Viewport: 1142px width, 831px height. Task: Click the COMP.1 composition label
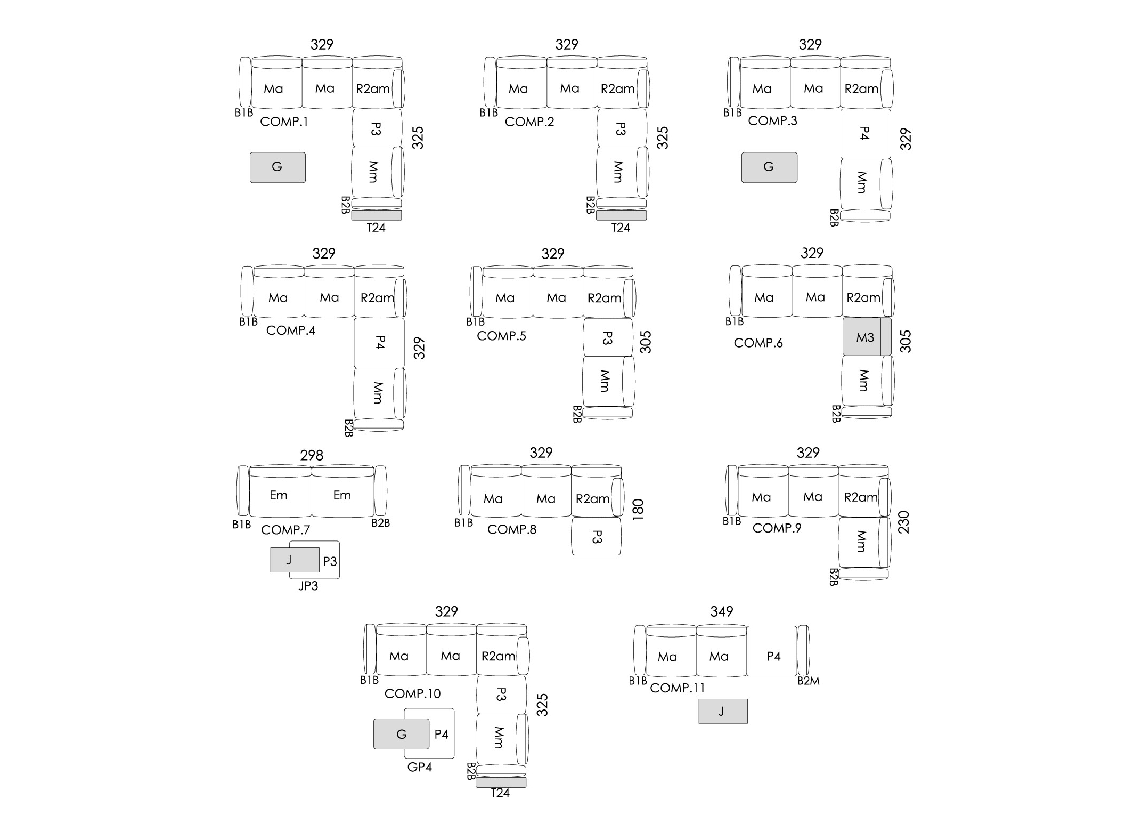pyautogui.click(x=284, y=122)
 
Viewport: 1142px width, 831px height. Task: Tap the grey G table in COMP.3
pyautogui.click(x=769, y=167)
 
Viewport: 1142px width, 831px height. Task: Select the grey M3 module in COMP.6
pyautogui.click(x=867, y=337)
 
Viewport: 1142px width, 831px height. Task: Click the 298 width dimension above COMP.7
pyautogui.click(x=312, y=455)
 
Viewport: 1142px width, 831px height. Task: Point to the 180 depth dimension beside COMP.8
pyautogui.click(x=638, y=510)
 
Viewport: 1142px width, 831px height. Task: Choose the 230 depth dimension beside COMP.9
pyautogui.click(x=904, y=522)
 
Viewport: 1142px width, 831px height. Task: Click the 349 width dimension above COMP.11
pyautogui.click(x=722, y=611)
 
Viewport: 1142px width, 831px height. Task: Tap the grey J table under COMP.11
pyautogui.click(x=723, y=711)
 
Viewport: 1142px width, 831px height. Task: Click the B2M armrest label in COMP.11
pyautogui.click(x=808, y=681)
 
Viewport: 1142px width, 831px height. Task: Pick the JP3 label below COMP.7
pyautogui.click(x=308, y=586)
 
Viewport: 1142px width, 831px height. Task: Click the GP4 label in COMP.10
pyautogui.click(x=419, y=767)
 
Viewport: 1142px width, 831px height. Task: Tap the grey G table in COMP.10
pyautogui.click(x=401, y=734)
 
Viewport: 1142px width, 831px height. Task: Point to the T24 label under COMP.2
pyautogui.click(x=621, y=228)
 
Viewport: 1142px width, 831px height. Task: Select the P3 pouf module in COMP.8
pyautogui.click(x=597, y=536)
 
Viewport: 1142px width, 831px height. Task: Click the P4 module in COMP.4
pyautogui.click(x=379, y=343)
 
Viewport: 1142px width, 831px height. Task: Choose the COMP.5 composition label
pyautogui.click(x=501, y=336)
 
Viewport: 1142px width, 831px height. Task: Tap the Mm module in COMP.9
pyautogui.click(x=861, y=542)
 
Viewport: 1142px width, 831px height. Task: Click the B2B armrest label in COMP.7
pyautogui.click(x=381, y=523)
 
